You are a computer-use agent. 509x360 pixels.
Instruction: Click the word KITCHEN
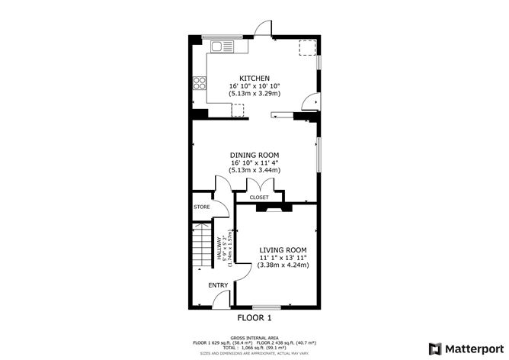click(x=254, y=78)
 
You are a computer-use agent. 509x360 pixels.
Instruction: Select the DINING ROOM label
click(x=254, y=155)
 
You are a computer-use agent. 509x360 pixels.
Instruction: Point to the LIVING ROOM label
click(x=283, y=250)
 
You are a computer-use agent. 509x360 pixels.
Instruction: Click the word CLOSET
click(x=259, y=198)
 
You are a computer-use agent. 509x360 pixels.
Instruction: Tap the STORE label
click(x=201, y=207)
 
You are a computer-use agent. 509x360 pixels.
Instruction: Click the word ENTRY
click(x=218, y=285)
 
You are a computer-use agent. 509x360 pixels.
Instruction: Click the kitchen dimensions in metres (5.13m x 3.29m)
click(x=254, y=94)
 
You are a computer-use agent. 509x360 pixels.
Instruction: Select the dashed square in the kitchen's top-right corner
click(x=307, y=47)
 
